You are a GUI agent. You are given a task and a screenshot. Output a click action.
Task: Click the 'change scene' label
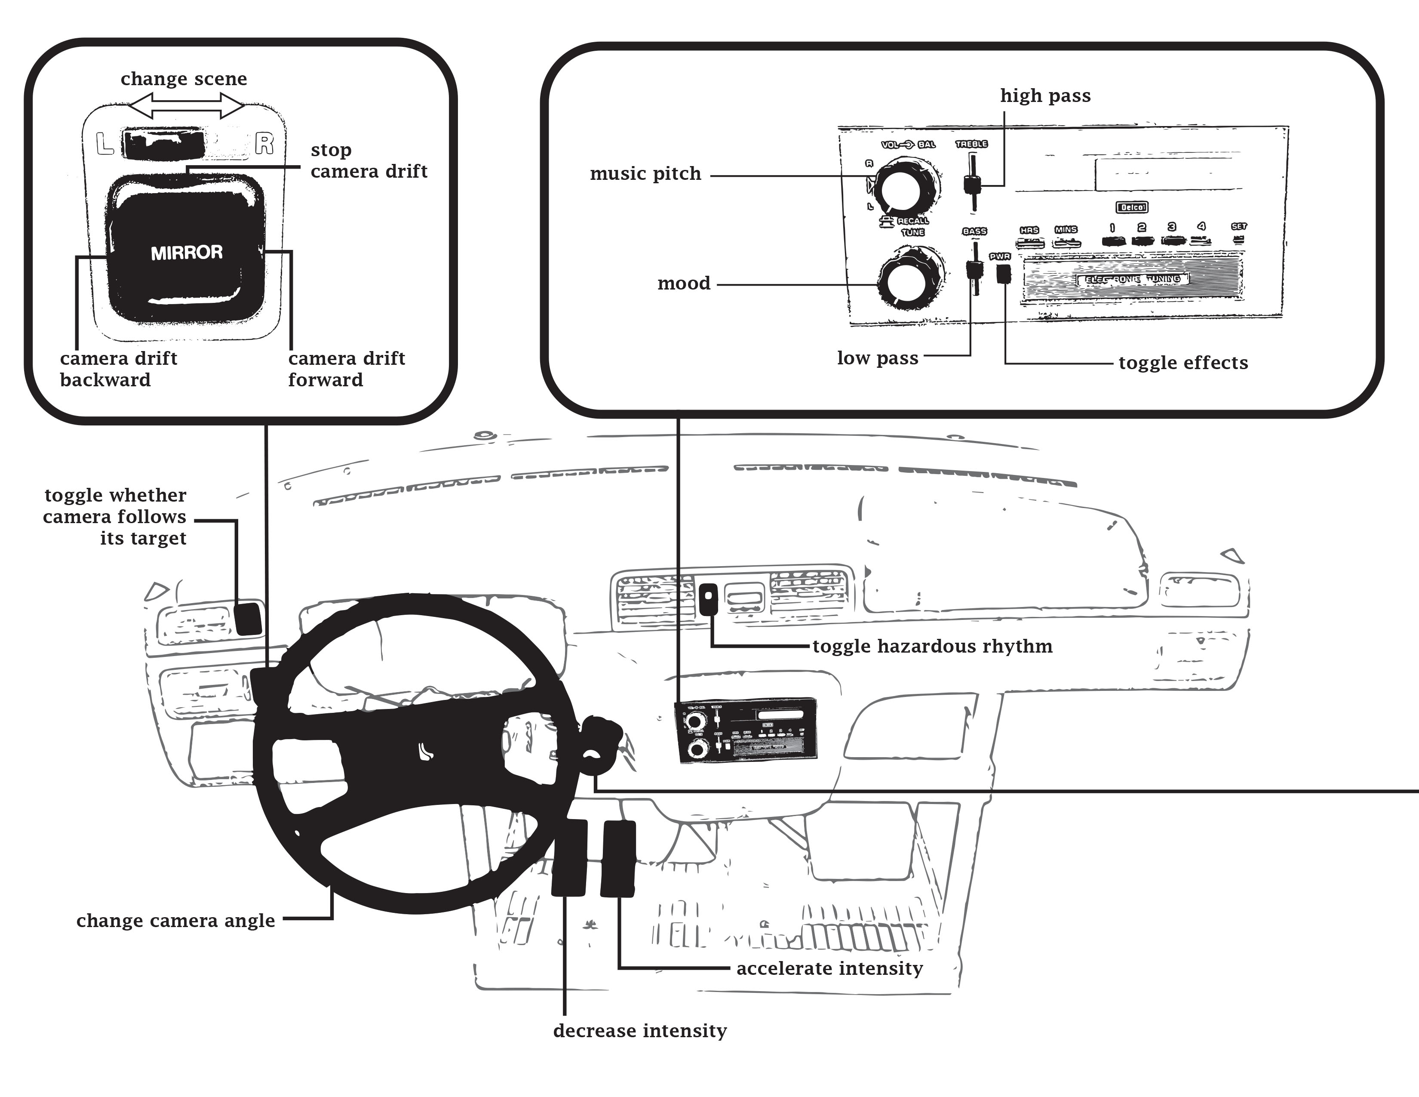(184, 79)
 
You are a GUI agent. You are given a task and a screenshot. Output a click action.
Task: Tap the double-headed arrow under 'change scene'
(187, 105)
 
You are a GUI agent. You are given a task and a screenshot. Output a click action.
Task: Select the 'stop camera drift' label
(369, 160)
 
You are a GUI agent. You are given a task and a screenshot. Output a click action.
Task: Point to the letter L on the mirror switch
(104, 144)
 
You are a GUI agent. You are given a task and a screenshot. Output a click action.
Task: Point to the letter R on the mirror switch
(264, 144)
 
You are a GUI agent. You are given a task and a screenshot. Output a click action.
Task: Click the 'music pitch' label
(645, 174)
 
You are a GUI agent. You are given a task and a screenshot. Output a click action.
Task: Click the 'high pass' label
(1045, 96)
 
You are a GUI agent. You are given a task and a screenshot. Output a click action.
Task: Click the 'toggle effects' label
(1182, 363)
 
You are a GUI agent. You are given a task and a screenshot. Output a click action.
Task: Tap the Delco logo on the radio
(1132, 207)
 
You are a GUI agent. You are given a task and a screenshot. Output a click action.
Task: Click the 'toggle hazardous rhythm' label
(932, 647)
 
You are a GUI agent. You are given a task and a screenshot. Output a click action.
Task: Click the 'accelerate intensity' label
(829, 969)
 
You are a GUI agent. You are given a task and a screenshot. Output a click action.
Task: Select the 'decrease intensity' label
(639, 1031)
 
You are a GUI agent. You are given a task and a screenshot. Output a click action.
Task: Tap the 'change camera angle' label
(175, 921)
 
